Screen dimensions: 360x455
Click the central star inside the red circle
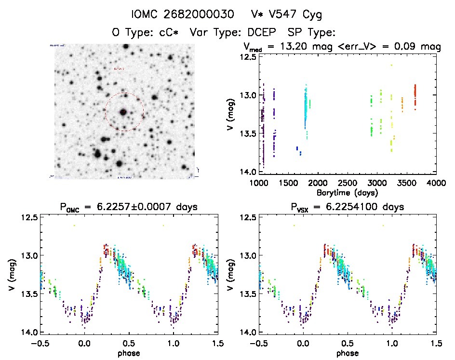pyautogui.click(x=123, y=112)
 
